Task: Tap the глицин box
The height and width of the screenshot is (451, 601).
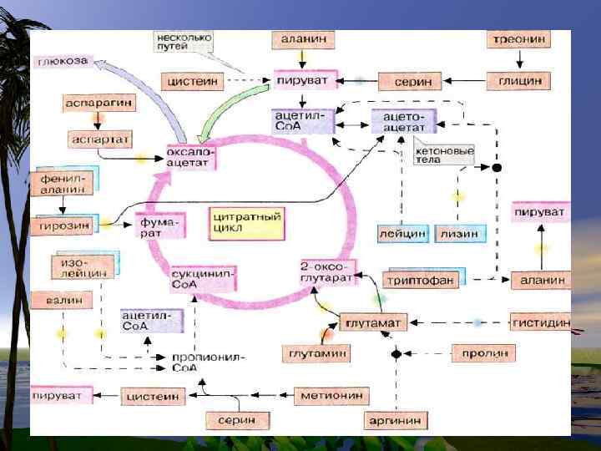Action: [520, 81]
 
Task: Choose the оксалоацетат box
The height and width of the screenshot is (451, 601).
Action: [191, 156]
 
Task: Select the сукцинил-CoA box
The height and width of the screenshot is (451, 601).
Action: [203, 278]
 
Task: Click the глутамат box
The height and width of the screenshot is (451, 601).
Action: [373, 322]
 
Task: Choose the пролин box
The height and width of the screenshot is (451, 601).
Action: [485, 354]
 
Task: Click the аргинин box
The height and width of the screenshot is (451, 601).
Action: [396, 418]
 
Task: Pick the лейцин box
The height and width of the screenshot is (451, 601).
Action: [403, 234]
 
